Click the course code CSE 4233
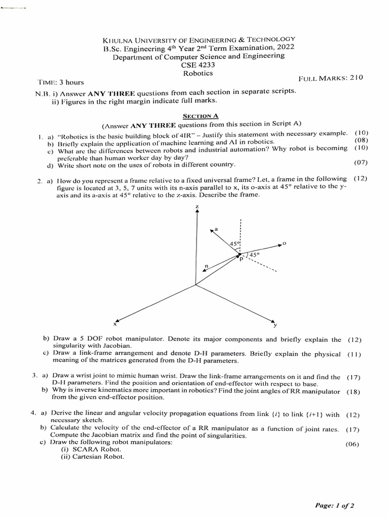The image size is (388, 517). point(198,65)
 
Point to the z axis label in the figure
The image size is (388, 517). point(197,207)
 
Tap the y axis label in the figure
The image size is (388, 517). point(275,325)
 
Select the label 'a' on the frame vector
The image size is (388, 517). point(217,229)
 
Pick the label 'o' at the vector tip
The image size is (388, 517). point(284,243)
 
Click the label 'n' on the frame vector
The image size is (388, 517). point(206,265)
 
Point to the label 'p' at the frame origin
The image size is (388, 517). point(241,258)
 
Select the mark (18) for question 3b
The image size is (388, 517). point(354,391)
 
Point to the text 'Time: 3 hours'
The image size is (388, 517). point(61,82)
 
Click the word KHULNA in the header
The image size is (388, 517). point(120,40)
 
